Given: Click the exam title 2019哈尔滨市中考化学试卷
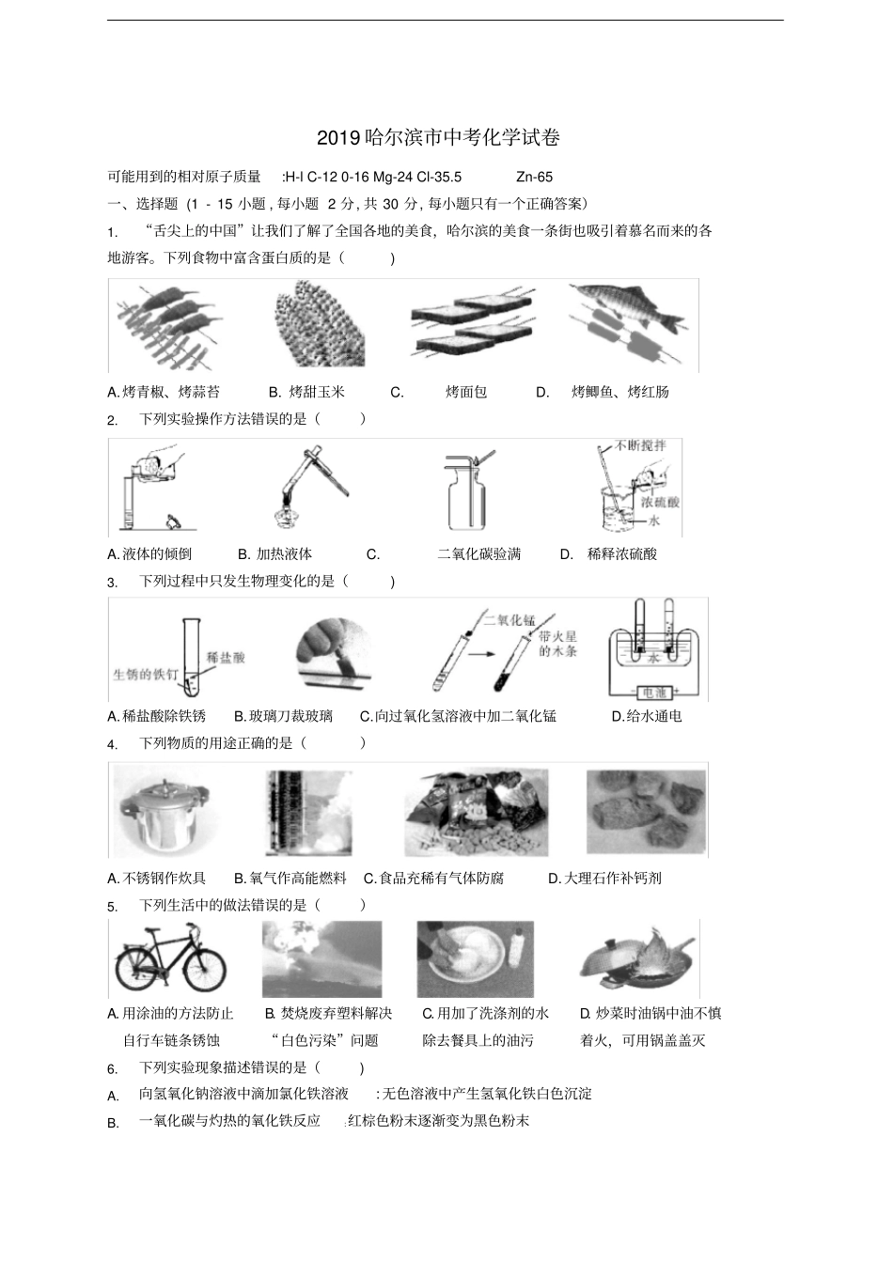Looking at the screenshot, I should (x=438, y=138).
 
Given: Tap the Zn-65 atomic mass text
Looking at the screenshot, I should (x=535, y=177).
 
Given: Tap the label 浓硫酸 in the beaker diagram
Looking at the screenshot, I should (x=660, y=502).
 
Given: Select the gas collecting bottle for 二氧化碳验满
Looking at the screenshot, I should (x=465, y=498).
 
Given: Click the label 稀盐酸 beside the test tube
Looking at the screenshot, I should (x=226, y=657).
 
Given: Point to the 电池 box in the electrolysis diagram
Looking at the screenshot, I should (x=650, y=693).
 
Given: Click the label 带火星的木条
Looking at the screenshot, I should (x=557, y=644).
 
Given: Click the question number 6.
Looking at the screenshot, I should (x=113, y=1069).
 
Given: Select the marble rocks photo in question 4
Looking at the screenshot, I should (x=645, y=810).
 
